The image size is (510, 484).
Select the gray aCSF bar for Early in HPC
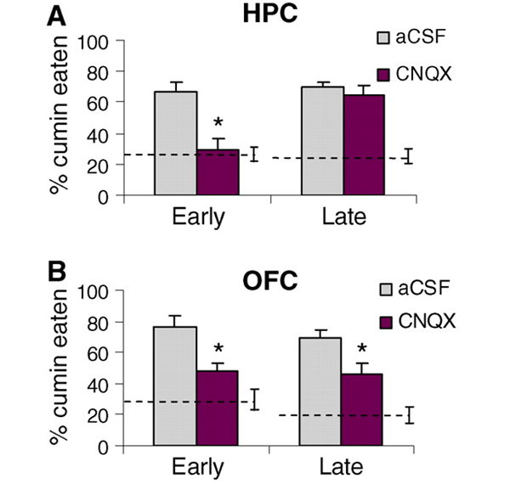[x=175, y=144]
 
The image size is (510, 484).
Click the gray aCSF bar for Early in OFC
[x=175, y=386]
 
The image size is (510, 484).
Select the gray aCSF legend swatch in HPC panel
[x=385, y=38]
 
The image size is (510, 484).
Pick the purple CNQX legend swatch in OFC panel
[x=385, y=322]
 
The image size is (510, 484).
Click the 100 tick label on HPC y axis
[x=94, y=40]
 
